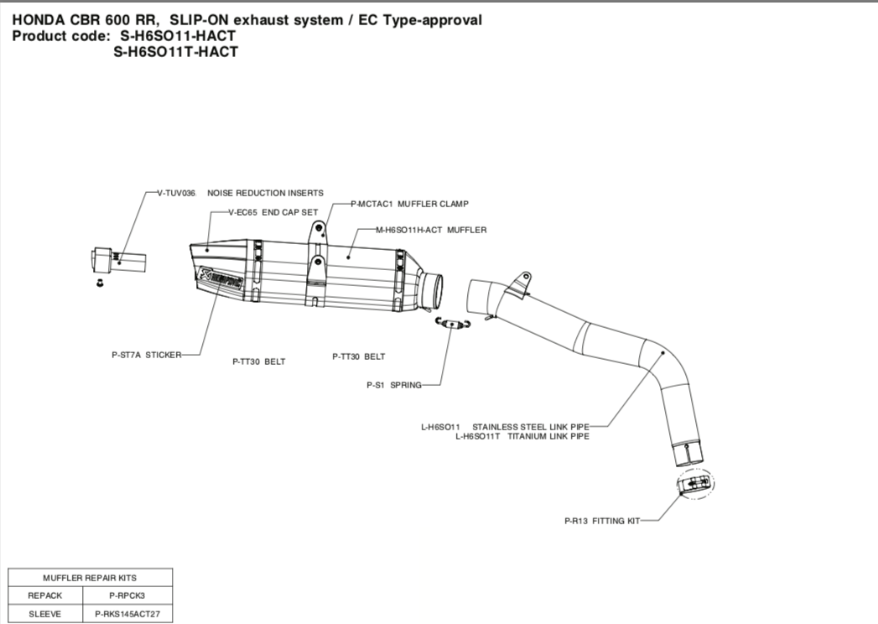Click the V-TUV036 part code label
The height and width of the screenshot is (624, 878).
tap(176, 193)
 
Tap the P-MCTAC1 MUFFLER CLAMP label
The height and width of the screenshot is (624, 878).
tap(409, 204)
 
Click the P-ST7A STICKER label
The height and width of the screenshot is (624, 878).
tap(147, 355)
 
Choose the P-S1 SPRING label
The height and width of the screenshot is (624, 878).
tap(394, 386)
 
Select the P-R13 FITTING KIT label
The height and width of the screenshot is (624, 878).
tap(601, 521)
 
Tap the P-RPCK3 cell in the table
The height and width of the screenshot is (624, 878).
tap(128, 595)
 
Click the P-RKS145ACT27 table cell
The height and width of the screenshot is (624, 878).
tap(128, 614)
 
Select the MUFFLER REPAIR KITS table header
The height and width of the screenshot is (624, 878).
tap(90, 578)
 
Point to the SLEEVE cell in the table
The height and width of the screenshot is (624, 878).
tap(45, 614)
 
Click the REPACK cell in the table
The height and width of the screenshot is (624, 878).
tap(45, 595)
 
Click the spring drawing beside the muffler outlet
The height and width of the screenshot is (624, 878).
tap(453, 324)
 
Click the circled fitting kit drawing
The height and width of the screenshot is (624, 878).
tap(698, 483)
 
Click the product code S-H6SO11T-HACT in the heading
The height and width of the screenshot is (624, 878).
tap(175, 52)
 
